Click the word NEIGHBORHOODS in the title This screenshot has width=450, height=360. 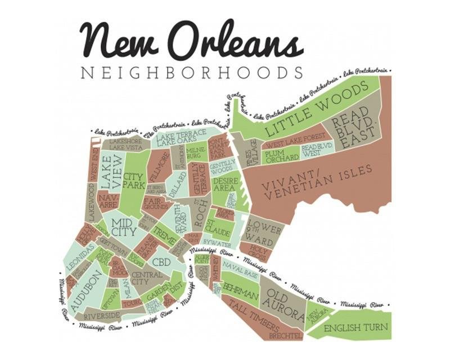[192, 73]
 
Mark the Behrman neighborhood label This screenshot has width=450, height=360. [241, 289]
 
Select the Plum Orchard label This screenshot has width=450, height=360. [281, 156]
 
